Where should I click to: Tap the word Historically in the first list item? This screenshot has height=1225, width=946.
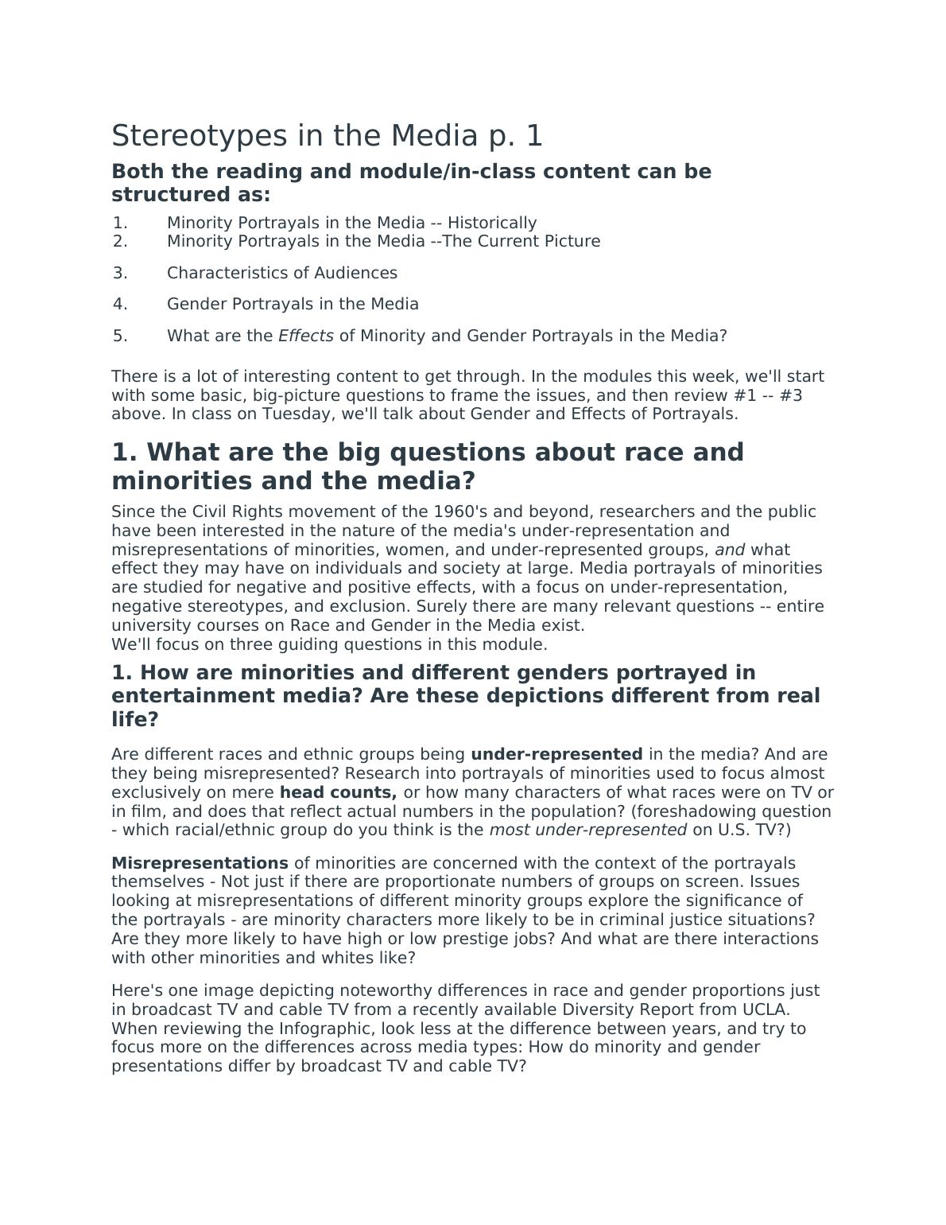(492, 223)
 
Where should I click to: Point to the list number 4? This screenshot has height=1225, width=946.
(120, 304)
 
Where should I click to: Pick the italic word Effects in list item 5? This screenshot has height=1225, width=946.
(305, 336)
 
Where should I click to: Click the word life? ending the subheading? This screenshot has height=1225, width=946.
(135, 720)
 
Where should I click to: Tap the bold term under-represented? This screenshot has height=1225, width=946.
(556, 754)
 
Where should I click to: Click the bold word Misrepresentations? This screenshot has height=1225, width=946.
(200, 863)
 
